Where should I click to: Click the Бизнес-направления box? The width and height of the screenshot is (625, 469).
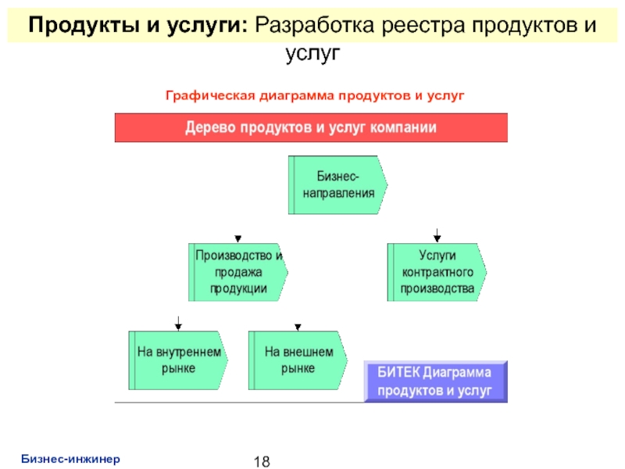(337, 184)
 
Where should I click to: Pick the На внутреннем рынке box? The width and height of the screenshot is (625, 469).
(178, 360)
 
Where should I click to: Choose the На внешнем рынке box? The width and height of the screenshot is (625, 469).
(298, 360)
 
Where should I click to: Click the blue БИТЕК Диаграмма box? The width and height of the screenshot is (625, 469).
(435, 381)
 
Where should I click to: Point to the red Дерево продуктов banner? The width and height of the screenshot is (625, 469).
(311, 127)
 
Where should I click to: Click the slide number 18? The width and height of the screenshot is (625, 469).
(261, 460)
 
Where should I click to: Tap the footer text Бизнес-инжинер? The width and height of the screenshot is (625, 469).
(70, 458)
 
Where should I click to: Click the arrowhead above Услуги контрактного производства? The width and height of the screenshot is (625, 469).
(437, 238)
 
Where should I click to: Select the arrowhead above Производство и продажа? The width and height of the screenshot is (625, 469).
(238, 238)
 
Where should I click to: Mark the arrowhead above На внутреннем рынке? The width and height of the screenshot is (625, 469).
(178, 327)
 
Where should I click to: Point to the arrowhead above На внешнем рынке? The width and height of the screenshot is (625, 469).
(298, 327)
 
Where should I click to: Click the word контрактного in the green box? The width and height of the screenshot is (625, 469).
(437, 272)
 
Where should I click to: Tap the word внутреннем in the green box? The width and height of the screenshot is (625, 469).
(188, 352)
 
